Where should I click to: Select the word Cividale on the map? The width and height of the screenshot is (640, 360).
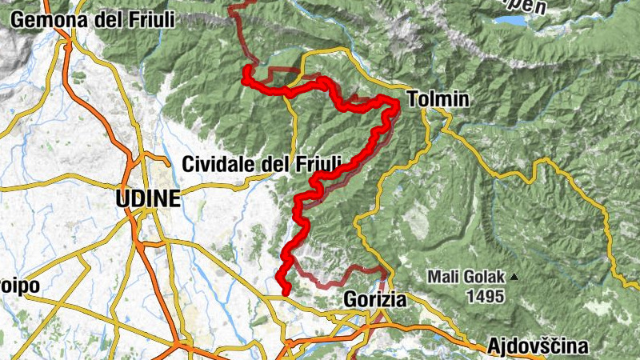pos(220,164)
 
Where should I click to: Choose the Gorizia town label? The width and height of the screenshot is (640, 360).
pos(375,299)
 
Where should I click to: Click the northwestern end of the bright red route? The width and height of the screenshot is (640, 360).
pos(246,70)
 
